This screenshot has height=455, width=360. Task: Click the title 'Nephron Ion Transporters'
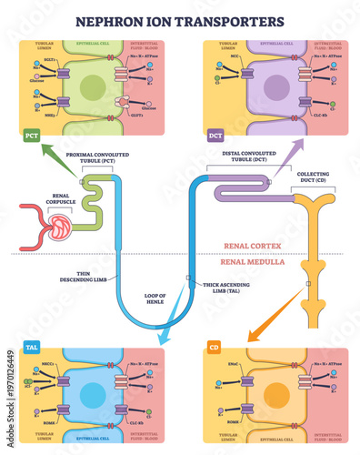[180, 19]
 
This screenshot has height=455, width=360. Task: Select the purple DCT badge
[215, 136]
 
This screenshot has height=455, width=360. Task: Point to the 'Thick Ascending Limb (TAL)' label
[224, 288]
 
